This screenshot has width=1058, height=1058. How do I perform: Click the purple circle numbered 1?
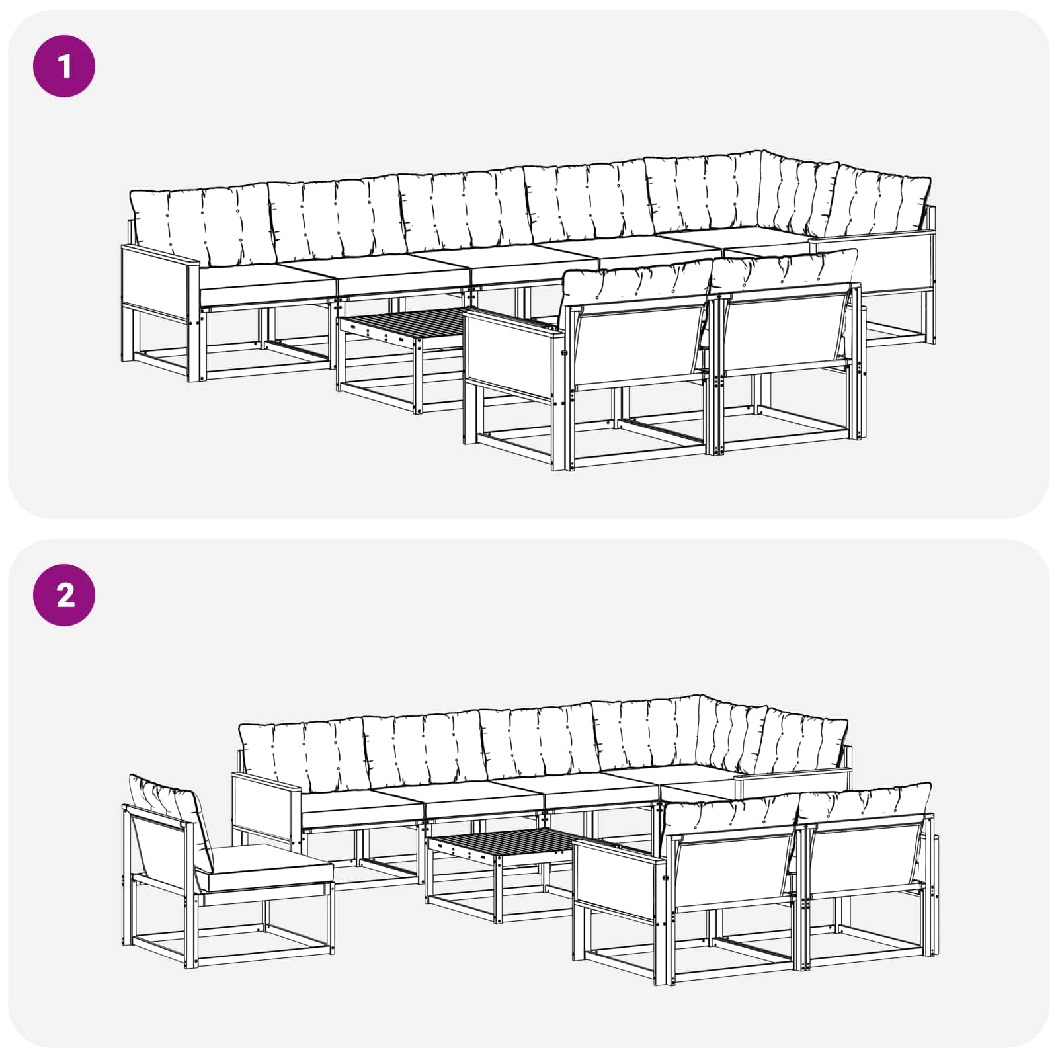[x=64, y=66]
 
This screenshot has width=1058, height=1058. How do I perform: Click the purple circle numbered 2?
[x=64, y=595]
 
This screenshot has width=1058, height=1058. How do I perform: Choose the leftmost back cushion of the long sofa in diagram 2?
[x=302, y=757]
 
